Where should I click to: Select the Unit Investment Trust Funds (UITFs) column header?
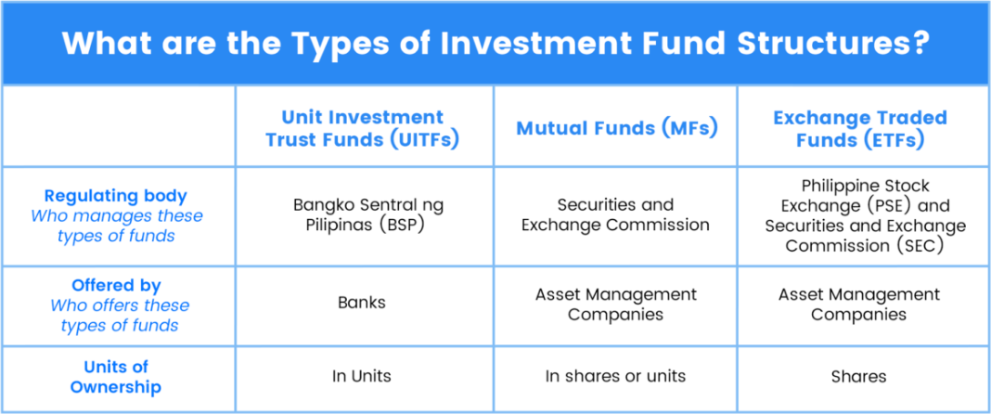tap(362, 128)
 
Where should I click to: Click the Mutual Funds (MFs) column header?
tap(617, 128)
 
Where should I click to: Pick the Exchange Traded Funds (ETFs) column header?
tap(860, 128)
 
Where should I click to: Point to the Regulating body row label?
tap(116, 196)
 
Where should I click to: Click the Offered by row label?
tap(116, 286)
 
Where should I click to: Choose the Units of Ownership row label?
tap(116, 377)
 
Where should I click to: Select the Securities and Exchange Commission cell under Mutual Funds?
tap(615, 215)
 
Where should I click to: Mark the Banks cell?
tap(362, 303)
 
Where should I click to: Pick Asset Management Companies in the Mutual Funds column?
tap(615, 304)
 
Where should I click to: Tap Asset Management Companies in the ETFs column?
tap(859, 304)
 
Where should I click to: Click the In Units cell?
tap(362, 376)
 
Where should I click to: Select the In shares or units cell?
tap(615, 376)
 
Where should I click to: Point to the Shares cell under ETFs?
tap(859, 377)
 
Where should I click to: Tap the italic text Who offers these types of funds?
tap(120, 316)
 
